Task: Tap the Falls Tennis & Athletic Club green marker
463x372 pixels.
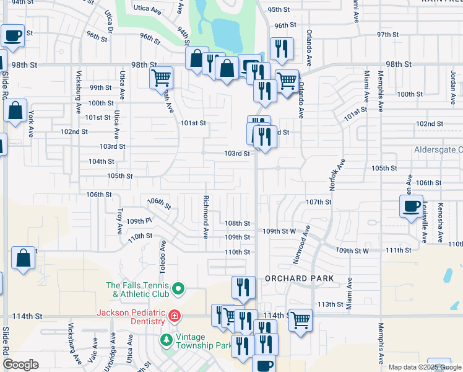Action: click(178, 288)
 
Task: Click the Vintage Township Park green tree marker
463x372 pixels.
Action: click(166, 340)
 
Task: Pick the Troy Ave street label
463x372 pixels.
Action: click(119, 221)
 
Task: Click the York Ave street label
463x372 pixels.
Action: click(30, 124)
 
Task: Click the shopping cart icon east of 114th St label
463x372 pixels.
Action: click(300, 320)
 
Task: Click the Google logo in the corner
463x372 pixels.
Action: click(20, 365)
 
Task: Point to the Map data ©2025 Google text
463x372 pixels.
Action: click(425, 367)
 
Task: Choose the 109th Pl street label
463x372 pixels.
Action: click(140, 221)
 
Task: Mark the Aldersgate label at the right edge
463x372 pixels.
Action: click(439, 150)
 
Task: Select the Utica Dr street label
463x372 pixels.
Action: click(110, 20)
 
